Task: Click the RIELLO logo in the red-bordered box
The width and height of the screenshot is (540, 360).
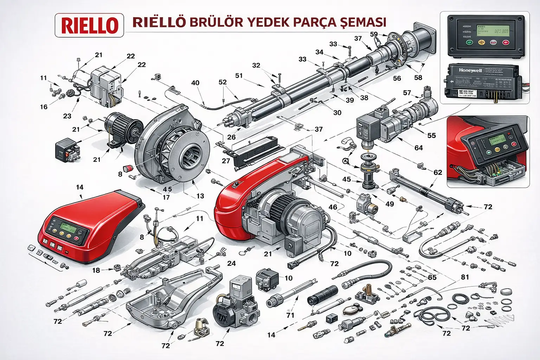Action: coord(89,25)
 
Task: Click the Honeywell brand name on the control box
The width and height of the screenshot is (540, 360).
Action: coord(470,70)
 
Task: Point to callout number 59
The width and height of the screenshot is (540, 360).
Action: coord(374,34)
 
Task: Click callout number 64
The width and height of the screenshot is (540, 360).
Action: coord(418,148)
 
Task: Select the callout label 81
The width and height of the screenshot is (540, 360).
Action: coord(465,277)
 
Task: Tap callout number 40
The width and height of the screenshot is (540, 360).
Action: coord(195,83)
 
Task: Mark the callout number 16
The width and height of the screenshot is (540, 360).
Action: coord(44,107)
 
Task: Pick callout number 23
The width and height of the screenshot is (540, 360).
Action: coord(67,116)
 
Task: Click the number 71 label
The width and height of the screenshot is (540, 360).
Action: coord(290,315)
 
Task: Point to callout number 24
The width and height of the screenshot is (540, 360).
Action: coord(231,263)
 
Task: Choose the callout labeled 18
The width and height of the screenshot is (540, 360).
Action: coord(96,270)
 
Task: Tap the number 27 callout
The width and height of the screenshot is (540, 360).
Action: coord(226,161)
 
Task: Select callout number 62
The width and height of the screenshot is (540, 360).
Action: coord(438,172)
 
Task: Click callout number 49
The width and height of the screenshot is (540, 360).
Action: coord(390,204)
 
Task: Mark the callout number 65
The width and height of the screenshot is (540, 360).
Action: coord(432,277)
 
